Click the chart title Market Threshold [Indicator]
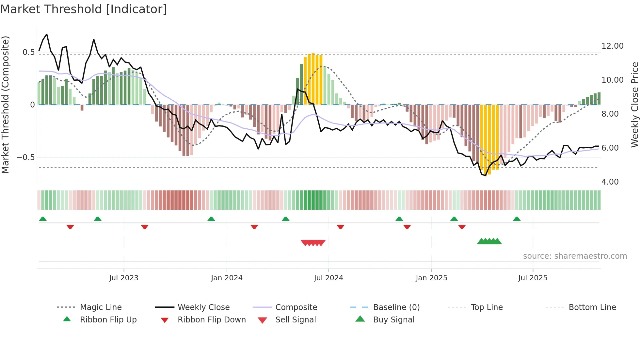(x=84, y=9)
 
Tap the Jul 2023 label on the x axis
(x=124, y=278)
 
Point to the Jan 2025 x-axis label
(x=431, y=278)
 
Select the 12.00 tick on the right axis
(x=612, y=46)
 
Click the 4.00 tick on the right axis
(x=610, y=182)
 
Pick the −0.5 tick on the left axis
(x=25, y=157)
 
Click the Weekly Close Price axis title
(x=634, y=105)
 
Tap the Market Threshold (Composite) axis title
(x=5, y=105)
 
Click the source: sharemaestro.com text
(x=575, y=256)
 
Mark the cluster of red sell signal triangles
(x=313, y=243)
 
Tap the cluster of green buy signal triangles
(x=489, y=241)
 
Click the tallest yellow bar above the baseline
(x=313, y=78)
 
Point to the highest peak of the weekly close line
(x=47, y=34)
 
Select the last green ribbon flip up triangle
(x=517, y=219)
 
